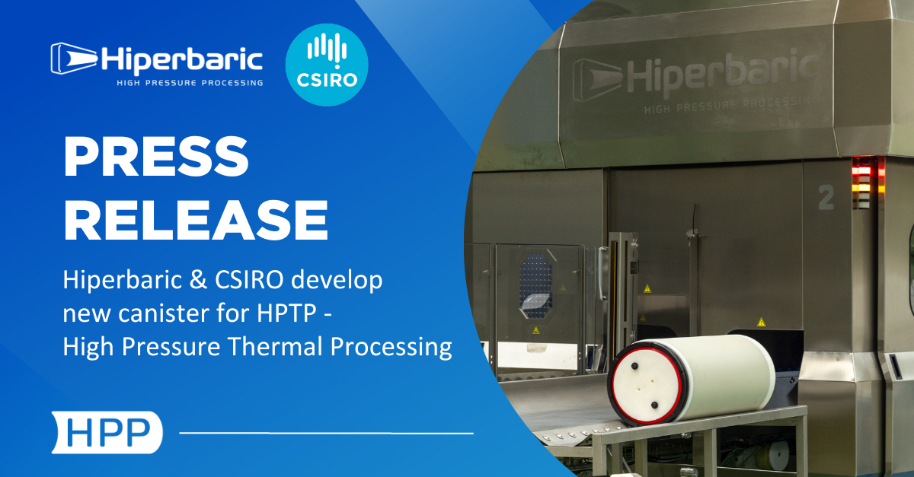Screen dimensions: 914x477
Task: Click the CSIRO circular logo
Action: click(x=327, y=65)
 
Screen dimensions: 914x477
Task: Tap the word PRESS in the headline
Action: click(x=156, y=156)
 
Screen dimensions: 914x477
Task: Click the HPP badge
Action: click(x=107, y=432)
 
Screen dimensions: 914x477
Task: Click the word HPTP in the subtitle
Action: click(x=286, y=313)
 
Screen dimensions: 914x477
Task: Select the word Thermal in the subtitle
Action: click(x=276, y=347)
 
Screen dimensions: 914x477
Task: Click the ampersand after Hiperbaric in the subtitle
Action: click(x=198, y=280)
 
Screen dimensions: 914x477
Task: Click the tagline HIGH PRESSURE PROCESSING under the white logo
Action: click(x=190, y=83)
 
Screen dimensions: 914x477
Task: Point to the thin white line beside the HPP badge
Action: click(x=327, y=433)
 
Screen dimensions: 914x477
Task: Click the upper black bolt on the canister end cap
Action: click(x=635, y=366)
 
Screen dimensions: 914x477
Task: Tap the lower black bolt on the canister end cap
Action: click(x=654, y=405)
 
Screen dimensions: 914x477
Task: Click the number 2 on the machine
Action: click(x=826, y=197)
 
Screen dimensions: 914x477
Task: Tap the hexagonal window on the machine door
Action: click(x=536, y=285)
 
